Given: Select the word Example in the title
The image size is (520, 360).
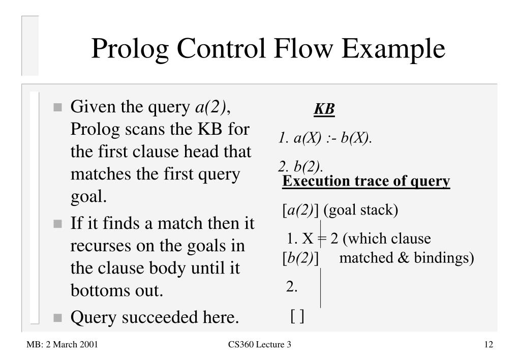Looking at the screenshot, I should [393, 50].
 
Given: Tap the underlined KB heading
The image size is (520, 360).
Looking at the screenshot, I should [324, 109].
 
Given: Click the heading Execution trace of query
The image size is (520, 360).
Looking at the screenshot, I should [366, 182].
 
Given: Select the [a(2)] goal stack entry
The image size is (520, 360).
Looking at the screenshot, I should [300, 210].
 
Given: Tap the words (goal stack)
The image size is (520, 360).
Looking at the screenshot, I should [360, 210].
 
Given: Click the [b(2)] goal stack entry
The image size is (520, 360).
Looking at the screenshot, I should [300, 258].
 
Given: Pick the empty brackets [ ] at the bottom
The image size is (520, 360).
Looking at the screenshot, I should [297, 317].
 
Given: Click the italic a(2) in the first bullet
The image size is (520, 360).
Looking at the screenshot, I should [209, 108].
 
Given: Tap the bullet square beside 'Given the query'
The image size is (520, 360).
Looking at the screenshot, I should [58, 108].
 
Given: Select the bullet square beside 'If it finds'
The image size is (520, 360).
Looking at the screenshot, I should [58, 224].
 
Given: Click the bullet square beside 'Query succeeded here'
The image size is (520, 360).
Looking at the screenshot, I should [58, 318].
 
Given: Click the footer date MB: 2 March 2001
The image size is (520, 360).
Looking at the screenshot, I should [62, 345].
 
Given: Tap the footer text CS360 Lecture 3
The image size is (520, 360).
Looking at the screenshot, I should [260, 345].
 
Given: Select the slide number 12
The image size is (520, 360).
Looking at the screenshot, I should [488, 345].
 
